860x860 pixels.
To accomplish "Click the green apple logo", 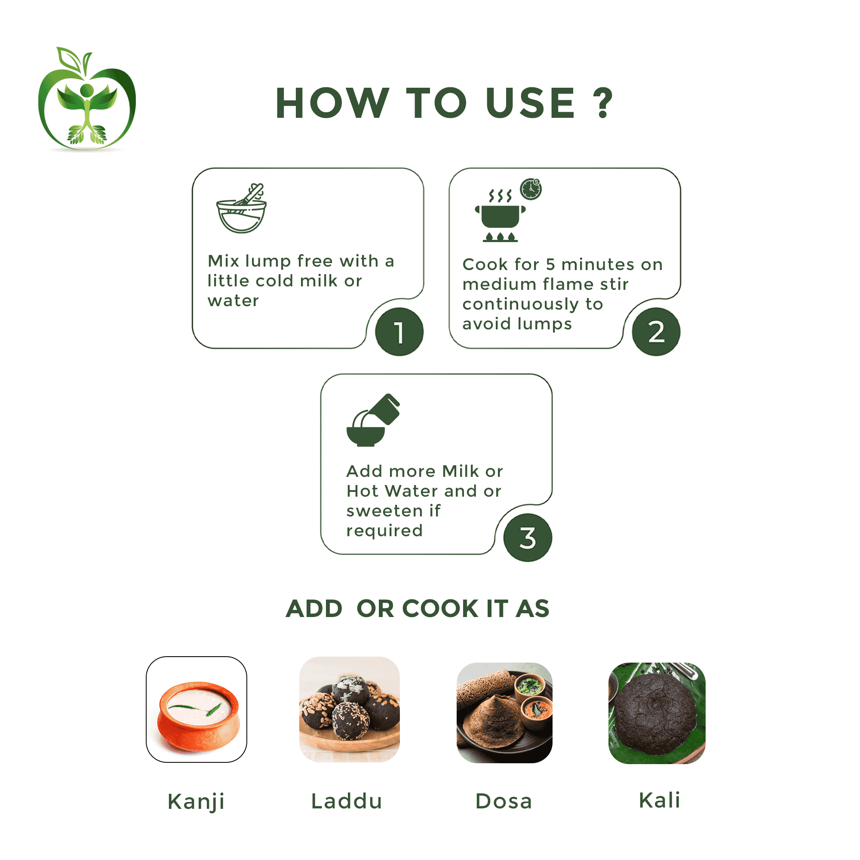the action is click(x=87, y=99).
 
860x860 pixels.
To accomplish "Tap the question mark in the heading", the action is click(x=603, y=103).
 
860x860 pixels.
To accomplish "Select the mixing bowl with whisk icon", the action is click(x=241, y=208).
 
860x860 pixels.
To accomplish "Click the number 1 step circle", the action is click(x=399, y=332).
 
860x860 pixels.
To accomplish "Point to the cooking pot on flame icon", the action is click(x=501, y=216).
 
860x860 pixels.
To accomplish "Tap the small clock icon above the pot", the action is click(x=531, y=189).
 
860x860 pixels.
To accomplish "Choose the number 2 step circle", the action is click(x=656, y=332).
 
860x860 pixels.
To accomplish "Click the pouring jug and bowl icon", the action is click(x=373, y=420).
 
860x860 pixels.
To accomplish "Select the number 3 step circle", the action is click(x=528, y=538).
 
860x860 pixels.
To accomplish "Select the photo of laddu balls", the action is click(x=350, y=709).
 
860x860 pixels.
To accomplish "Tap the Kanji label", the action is click(x=196, y=802).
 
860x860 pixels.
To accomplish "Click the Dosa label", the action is click(x=504, y=801).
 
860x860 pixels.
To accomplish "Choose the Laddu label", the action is click(x=347, y=801).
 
